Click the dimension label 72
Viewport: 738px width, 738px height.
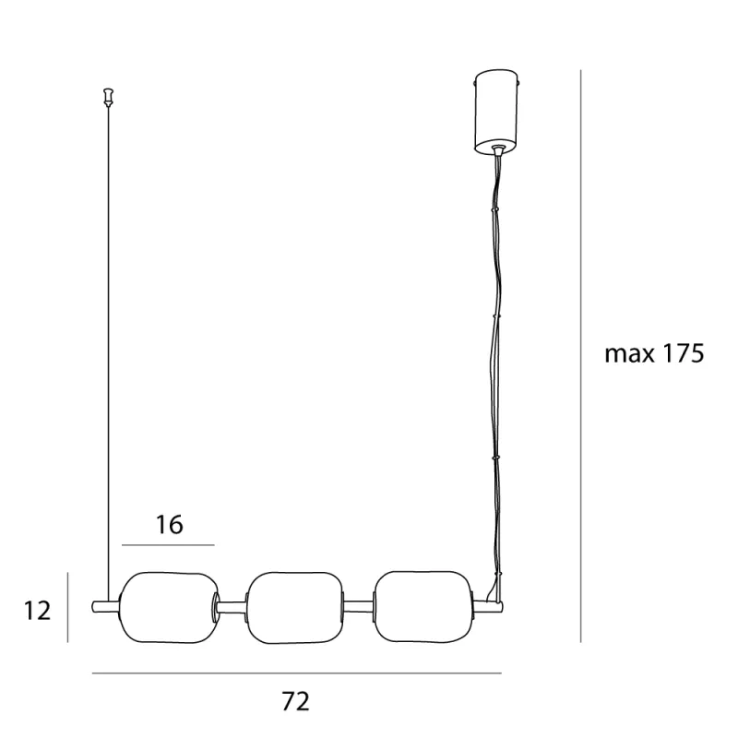click(295, 701)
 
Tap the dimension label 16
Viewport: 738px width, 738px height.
click(169, 525)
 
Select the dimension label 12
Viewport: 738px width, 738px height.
click(37, 611)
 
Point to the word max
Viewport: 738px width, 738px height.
click(629, 355)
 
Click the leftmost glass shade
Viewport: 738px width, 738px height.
click(169, 608)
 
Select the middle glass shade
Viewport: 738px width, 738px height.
click(295, 608)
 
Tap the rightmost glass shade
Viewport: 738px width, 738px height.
click(423, 607)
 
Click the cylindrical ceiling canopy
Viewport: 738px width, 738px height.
click(498, 112)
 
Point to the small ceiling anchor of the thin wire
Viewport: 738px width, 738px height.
click(109, 97)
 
